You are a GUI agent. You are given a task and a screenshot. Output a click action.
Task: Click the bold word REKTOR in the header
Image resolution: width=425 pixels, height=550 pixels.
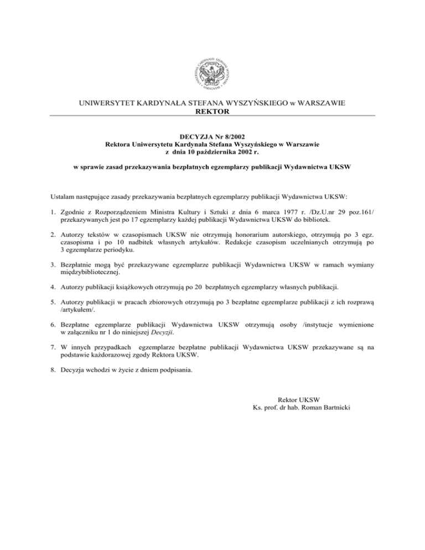[212, 112]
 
